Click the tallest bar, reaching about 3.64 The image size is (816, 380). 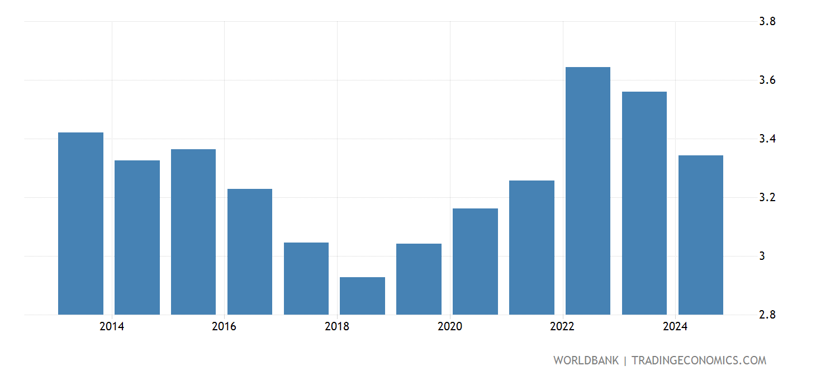pyautogui.click(x=588, y=191)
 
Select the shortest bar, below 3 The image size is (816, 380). pyautogui.click(x=362, y=296)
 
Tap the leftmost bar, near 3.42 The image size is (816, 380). pyautogui.click(x=80, y=224)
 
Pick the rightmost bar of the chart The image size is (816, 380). pyautogui.click(x=700, y=235)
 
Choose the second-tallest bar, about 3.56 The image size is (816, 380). pyautogui.click(x=644, y=203)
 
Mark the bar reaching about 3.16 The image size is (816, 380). pyautogui.click(x=475, y=262)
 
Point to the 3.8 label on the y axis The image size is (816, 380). pyautogui.click(x=766, y=22)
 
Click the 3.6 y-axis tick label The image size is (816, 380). pyautogui.click(x=766, y=80)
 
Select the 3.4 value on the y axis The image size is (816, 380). pyautogui.click(x=766, y=139)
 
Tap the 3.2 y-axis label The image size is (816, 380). pyautogui.click(x=766, y=198)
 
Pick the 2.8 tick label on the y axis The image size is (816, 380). pyautogui.click(x=766, y=315)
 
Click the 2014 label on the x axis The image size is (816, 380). pyautogui.click(x=112, y=327)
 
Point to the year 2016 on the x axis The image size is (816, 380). pyautogui.click(x=224, y=327)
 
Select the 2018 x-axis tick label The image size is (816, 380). pyautogui.click(x=337, y=327)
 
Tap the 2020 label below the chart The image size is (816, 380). pyautogui.click(x=450, y=327)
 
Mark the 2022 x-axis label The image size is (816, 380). pyautogui.click(x=562, y=327)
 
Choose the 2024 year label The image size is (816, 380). pyautogui.click(x=675, y=327)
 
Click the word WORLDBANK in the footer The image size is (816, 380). pyautogui.click(x=586, y=360)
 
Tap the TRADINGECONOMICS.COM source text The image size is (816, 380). pyautogui.click(x=699, y=360)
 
